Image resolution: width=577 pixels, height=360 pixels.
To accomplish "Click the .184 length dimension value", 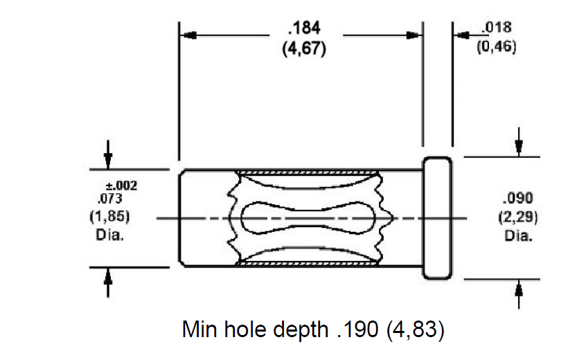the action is click(x=305, y=28).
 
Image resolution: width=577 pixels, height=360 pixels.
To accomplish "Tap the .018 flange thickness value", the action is click(x=497, y=27).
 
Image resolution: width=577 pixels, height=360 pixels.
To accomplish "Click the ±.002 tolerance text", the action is click(x=121, y=186).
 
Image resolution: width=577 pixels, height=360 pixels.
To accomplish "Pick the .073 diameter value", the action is click(x=109, y=199).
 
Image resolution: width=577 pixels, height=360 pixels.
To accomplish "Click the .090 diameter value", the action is click(x=517, y=198).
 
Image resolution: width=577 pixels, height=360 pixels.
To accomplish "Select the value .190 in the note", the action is click(x=357, y=329).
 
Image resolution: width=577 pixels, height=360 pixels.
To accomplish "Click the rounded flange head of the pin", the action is click(x=437, y=218).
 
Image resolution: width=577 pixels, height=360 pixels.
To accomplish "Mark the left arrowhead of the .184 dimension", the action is click(x=189, y=35).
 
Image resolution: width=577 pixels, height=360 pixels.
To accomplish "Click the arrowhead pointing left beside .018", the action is click(x=461, y=35).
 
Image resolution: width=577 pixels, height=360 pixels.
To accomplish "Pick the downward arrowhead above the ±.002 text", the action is click(x=108, y=161).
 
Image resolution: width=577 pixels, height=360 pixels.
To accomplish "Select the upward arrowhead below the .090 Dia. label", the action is click(x=519, y=289).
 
